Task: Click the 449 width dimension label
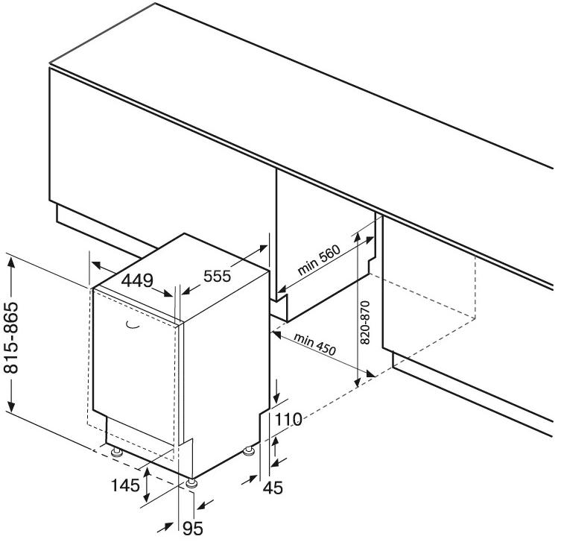(137, 281)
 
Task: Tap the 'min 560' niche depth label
(319, 261)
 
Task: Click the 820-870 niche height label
(365, 321)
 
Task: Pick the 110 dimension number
(288, 420)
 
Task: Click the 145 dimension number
(126, 485)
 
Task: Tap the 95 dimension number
(194, 529)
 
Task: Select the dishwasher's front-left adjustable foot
(117, 452)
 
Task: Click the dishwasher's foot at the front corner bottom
(194, 482)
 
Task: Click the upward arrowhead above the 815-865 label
(11, 260)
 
